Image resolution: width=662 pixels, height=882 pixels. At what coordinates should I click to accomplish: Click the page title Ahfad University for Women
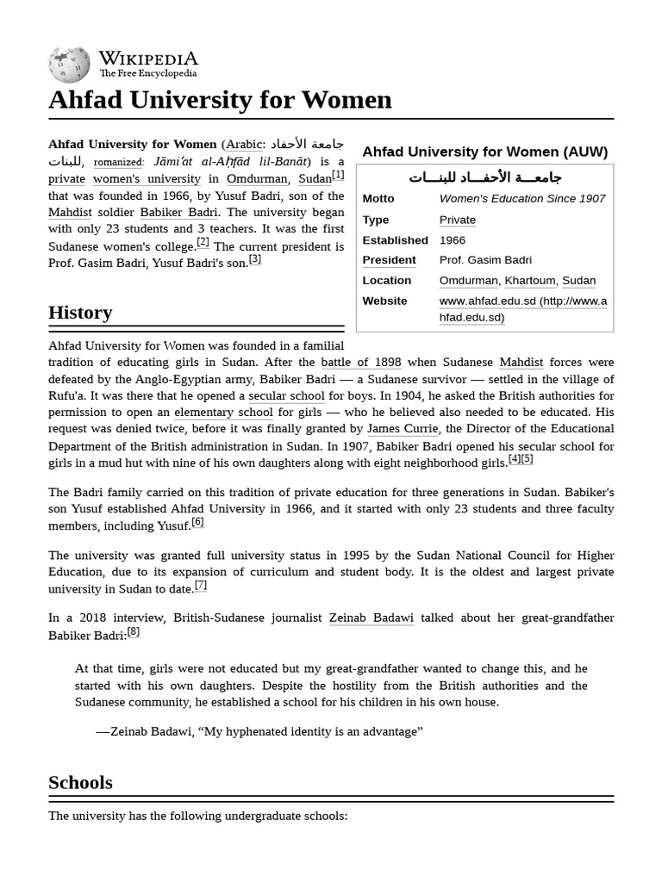[220, 100]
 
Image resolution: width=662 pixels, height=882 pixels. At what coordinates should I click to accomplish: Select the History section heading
[80, 313]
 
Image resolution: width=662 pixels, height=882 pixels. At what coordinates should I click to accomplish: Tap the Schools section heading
[80, 783]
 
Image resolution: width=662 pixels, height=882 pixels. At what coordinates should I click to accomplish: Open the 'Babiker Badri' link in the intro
[179, 212]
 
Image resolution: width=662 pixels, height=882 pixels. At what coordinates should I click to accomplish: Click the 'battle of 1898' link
[361, 363]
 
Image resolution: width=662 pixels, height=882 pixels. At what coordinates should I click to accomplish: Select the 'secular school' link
[287, 396]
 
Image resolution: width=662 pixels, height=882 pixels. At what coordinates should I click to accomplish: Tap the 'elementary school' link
[223, 413]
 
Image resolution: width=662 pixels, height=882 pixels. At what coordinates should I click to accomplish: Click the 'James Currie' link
[403, 429]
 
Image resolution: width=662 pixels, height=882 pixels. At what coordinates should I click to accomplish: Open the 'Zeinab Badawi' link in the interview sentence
[372, 618]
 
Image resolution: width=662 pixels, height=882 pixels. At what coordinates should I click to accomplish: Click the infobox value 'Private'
[457, 220]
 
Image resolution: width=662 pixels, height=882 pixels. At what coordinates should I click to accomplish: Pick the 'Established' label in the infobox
[395, 240]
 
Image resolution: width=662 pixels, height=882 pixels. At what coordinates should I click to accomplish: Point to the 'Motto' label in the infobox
[378, 198]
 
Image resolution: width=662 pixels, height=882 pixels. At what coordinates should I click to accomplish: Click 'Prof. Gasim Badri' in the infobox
[485, 260]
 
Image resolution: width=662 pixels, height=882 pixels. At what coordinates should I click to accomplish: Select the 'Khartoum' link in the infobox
[529, 281]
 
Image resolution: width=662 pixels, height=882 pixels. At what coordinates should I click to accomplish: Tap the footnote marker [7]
[201, 586]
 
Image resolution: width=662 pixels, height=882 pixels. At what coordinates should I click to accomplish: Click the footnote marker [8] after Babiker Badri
[134, 632]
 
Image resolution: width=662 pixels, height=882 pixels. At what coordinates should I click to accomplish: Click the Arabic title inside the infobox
[484, 177]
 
